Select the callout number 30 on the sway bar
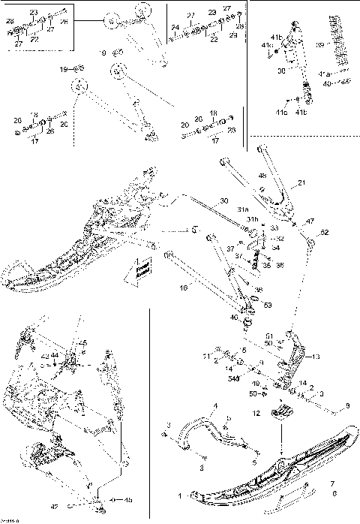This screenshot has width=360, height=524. point(223,201)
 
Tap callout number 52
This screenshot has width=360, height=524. point(325,233)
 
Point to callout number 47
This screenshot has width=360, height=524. point(309,221)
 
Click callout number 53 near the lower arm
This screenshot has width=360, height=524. point(268,305)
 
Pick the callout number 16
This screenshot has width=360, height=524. point(182,287)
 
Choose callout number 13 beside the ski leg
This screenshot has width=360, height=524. point(316,357)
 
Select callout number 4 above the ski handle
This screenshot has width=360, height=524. point(214,407)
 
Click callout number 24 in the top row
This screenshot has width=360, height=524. point(175,28)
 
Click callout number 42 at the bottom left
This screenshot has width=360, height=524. point(54,507)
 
